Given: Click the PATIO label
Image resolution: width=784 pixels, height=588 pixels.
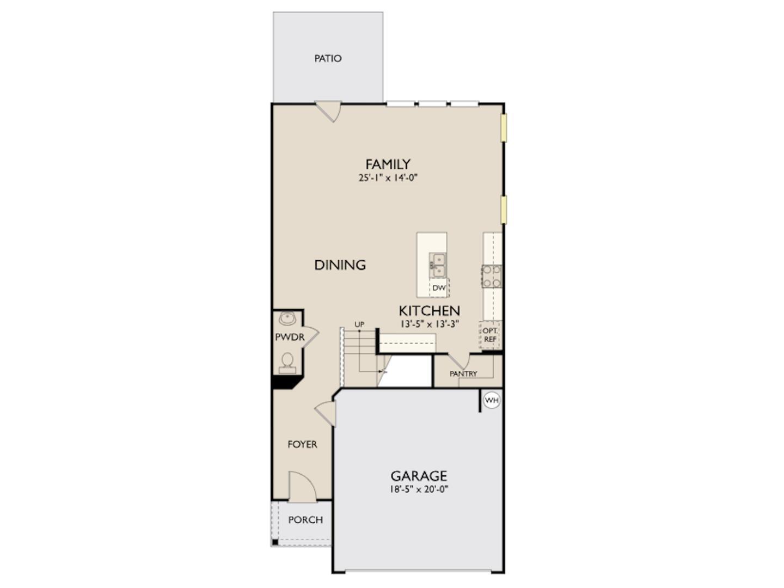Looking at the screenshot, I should (328, 58).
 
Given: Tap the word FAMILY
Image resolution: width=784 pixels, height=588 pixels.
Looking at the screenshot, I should (388, 164).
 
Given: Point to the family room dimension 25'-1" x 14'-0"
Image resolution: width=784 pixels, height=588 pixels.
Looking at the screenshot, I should (388, 177).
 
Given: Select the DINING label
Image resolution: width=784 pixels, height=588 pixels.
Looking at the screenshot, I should (340, 265).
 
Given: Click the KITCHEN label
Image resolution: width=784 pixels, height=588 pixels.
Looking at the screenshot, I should (429, 311).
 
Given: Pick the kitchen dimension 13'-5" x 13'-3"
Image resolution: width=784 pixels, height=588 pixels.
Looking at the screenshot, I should (429, 324).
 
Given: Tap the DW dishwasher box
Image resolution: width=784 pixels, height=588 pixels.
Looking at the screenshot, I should (439, 287).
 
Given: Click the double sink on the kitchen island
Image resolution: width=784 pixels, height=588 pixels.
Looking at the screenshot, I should (438, 265).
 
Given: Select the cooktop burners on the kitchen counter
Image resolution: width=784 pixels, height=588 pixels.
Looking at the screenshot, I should (491, 276).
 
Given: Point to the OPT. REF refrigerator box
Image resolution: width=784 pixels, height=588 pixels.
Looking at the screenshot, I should (490, 335).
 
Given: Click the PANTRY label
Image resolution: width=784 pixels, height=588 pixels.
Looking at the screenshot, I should (463, 373).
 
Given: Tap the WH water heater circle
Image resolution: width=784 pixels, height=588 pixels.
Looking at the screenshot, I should (492, 401).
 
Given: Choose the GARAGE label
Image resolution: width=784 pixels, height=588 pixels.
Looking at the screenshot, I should (419, 476).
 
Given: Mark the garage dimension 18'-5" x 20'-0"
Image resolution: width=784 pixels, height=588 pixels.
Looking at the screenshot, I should (419, 489).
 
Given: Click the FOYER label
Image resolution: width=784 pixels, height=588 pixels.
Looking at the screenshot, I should (302, 445).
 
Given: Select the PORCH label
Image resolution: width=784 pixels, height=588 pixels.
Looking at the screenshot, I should (305, 520).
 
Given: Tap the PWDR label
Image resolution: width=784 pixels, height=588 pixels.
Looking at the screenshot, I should (290, 338).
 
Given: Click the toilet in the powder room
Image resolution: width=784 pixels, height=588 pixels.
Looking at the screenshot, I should (287, 362).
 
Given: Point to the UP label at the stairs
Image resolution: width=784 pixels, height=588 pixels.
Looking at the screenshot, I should (359, 324).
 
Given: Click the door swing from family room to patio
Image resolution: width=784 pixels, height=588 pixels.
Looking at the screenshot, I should (330, 111).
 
